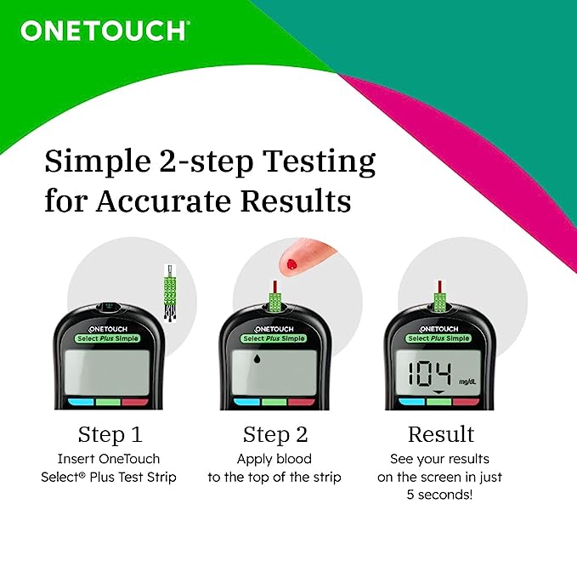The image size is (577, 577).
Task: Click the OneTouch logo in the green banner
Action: tap(104, 31)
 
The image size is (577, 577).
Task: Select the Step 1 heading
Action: tap(110, 435)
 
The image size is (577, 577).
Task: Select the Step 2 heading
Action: tap(274, 435)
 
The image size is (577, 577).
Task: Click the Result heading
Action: tap(440, 435)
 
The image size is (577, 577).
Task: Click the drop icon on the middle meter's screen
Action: tap(257, 359)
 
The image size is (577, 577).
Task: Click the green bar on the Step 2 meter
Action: tap(274, 402)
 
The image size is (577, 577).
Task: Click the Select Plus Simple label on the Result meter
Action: tap(439, 338)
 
